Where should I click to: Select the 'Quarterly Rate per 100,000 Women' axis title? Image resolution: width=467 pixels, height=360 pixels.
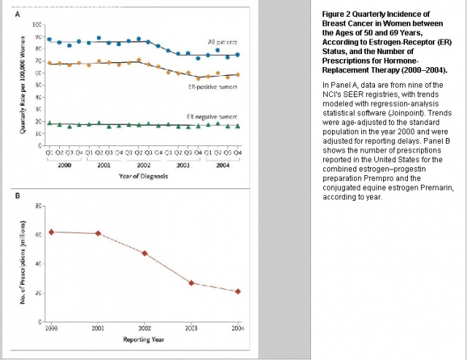click(26, 91)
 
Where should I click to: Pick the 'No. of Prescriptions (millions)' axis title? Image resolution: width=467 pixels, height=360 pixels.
click(26, 269)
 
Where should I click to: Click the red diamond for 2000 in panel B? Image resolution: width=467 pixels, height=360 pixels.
click(51, 231)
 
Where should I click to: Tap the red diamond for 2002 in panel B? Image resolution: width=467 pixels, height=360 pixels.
click(144, 253)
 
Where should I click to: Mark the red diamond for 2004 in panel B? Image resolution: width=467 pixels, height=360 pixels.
click(238, 291)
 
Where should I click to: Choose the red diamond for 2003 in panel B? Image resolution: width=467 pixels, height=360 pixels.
click(191, 283)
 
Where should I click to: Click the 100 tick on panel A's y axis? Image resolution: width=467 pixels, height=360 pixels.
click(37, 25)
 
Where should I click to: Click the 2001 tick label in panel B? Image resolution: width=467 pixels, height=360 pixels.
click(97, 329)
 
